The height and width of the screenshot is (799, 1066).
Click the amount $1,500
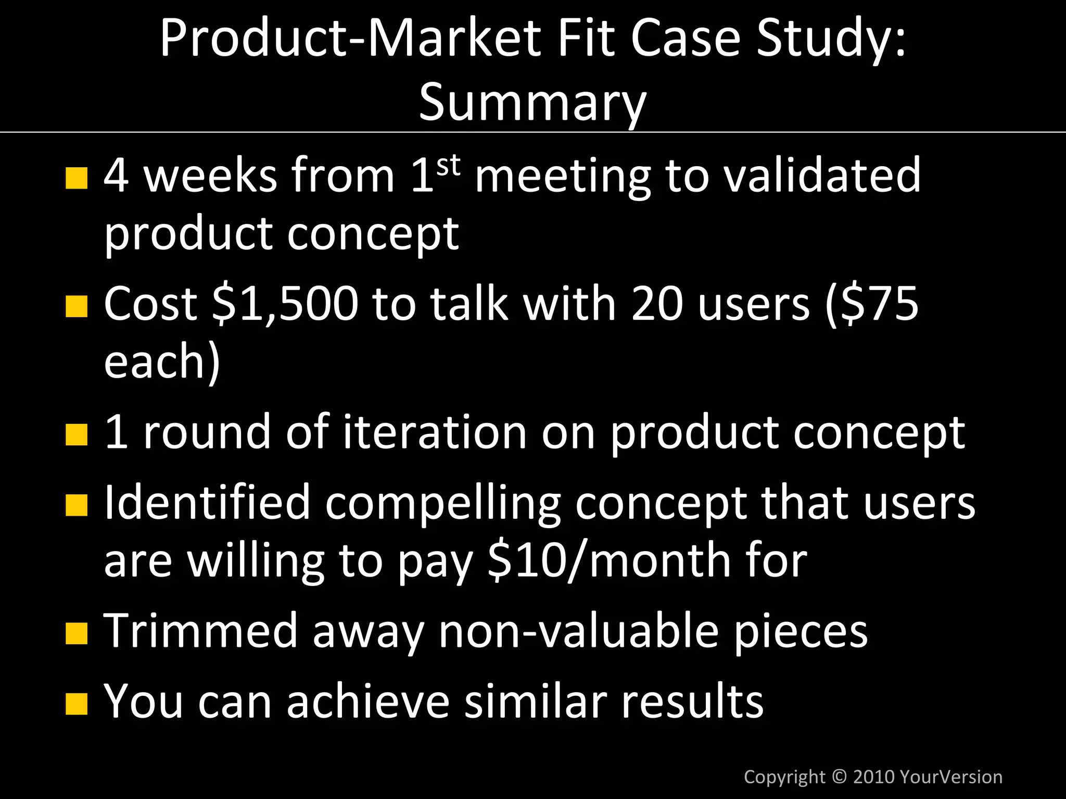pyautogui.click(x=286, y=304)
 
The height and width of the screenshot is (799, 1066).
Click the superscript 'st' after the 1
pyautogui.click(x=448, y=166)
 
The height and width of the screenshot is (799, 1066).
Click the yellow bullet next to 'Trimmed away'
pyautogui.click(x=77, y=633)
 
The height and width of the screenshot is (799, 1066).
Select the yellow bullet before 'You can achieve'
pyautogui.click(x=77, y=703)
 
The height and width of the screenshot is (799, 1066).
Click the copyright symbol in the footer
pyautogui.click(x=839, y=777)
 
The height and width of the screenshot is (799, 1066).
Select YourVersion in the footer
pyautogui.click(x=950, y=777)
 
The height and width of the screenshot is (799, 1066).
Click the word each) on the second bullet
pyautogui.click(x=162, y=362)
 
